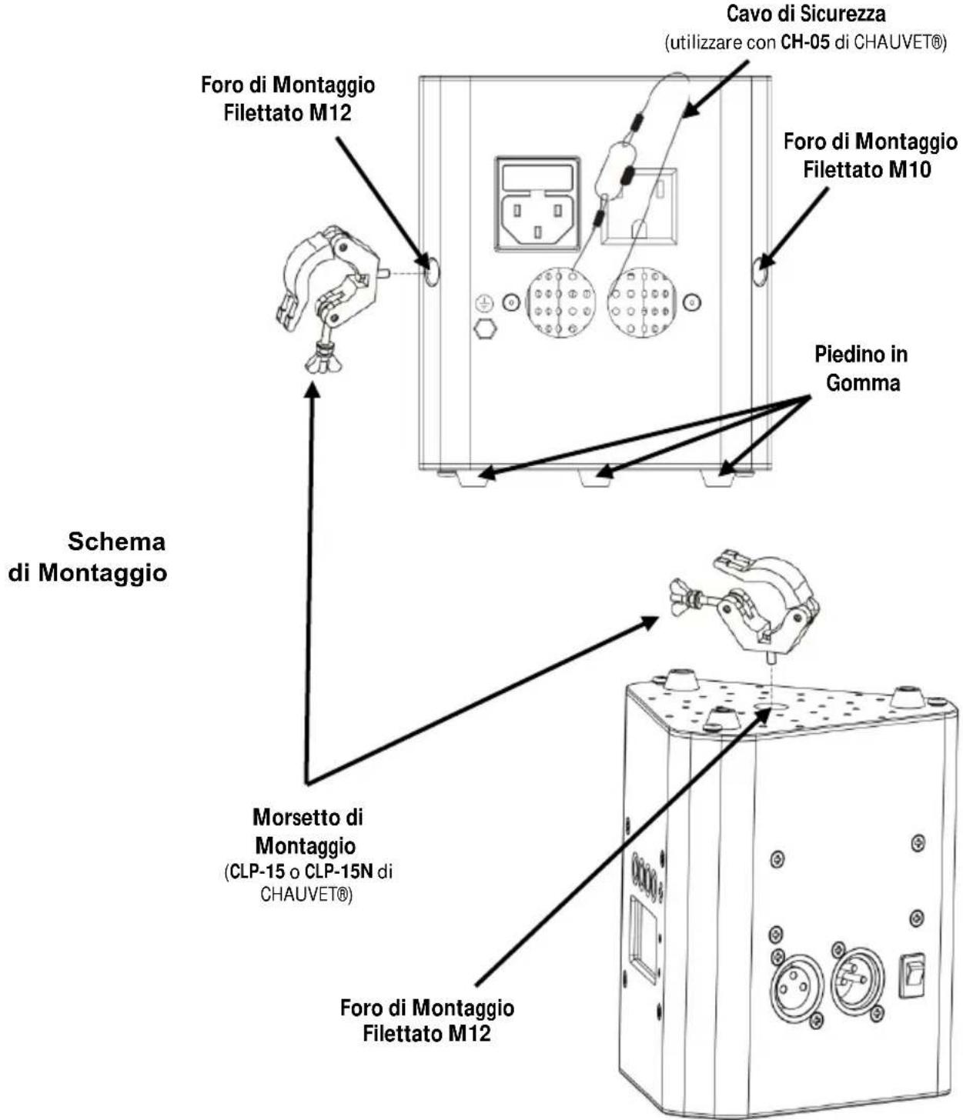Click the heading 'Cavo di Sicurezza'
[806, 14]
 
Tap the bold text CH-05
[805, 43]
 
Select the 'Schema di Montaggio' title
[88, 557]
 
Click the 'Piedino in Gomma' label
[861, 368]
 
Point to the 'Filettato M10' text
[867, 169]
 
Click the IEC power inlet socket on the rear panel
[537, 204]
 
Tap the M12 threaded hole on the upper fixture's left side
[432, 272]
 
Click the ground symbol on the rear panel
[483, 303]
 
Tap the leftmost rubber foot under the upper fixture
[471, 477]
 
